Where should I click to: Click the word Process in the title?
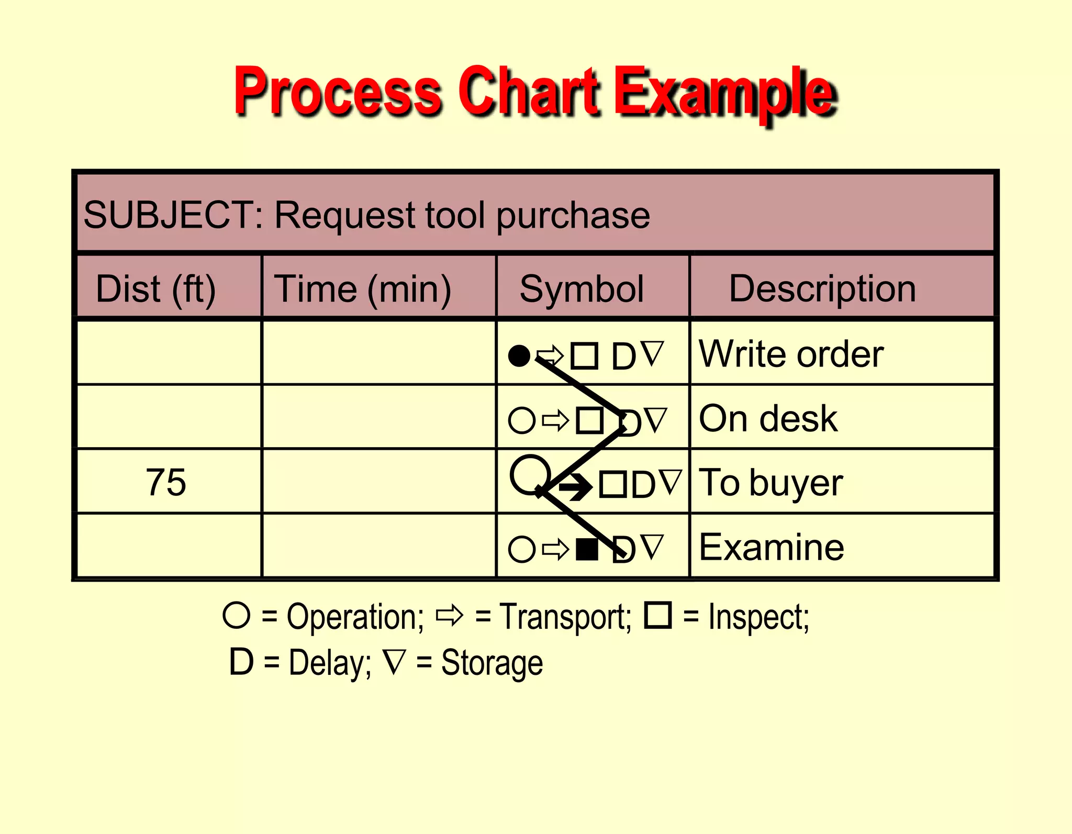pyautogui.click(x=338, y=92)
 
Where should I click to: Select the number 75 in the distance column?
pyautogui.click(x=165, y=482)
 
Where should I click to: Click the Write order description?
pyautogui.click(x=791, y=354)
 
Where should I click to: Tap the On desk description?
pyautogui.click(x=768, y=419)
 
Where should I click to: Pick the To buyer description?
pyautogui.click(x=771, y=483)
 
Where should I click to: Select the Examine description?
pyautogui.click(x=772, y=548)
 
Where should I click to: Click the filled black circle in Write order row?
pyautogui.click(x=519, y=356)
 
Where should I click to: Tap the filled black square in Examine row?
pyautogui.click(x=587, y=549)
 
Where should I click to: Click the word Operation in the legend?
pyautogui.click(x=354, y=617)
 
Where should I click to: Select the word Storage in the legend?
pyautogui.click(x=492, y=663)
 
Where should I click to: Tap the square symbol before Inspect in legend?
pyautogui.click(x=658, y=615)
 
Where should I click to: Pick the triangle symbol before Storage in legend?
pyautogui.click(x=394, y=661)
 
